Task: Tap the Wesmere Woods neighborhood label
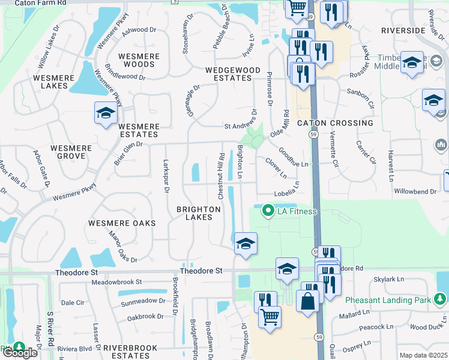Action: (139, 60)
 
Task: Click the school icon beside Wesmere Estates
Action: (105, 113)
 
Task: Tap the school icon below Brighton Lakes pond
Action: (245, 244)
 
